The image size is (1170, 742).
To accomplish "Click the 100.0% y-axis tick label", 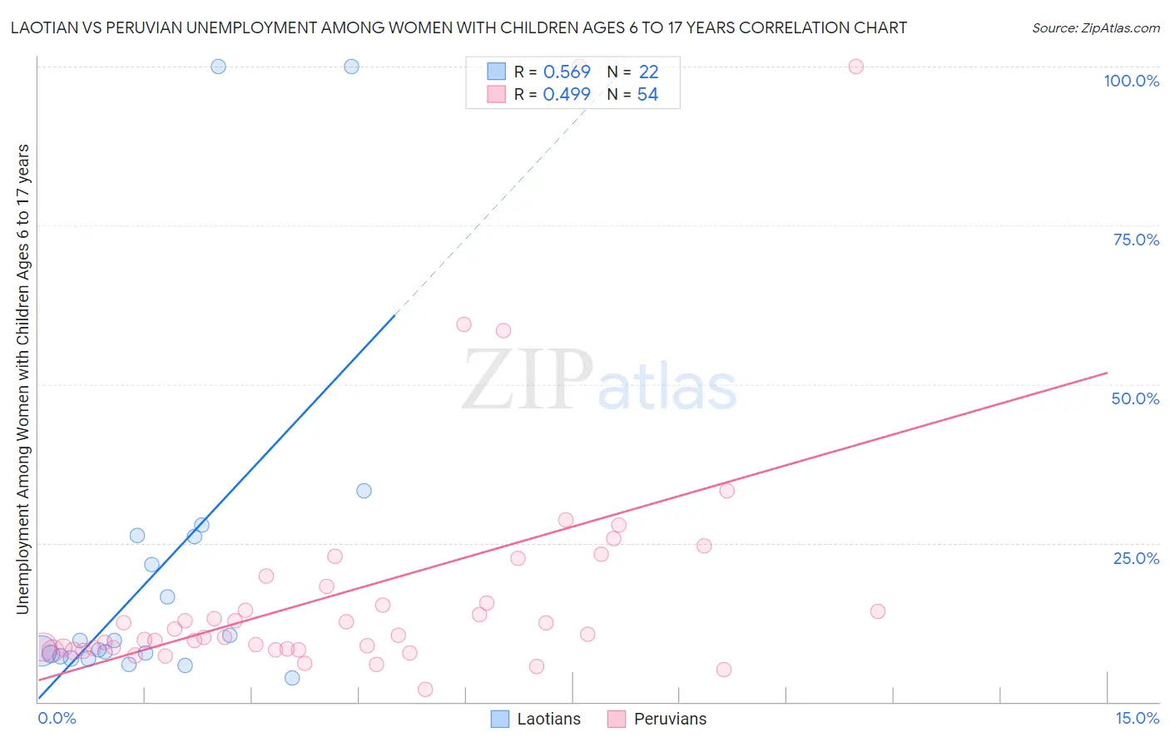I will click(x=1131, y=81).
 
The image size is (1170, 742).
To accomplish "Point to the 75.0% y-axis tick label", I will click(x=1136, y=240).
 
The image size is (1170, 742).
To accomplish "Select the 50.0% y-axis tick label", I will click(x=1135, y=398).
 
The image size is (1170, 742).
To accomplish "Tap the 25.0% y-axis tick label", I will click(x=1136, y=558).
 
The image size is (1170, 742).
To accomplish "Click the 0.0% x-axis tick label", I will click(x=57, y=718).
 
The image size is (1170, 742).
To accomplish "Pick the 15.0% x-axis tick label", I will click(x=1137, y=718).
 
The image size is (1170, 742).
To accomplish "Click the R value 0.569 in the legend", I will click(x=567, y=72).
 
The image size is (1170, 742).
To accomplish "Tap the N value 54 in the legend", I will click(x=647, y=94).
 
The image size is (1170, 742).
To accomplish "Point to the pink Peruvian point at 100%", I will click(x=855, y=67).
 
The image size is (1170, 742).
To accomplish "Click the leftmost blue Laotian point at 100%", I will click(x=218, y=67).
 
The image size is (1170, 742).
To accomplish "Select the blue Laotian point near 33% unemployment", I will click(x=364, y=491).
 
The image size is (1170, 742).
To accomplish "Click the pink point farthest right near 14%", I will click(x=877, y=611).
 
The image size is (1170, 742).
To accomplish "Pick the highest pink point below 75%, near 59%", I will click(x=464, y=324).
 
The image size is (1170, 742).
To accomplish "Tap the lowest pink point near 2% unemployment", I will click(x=425, y=690).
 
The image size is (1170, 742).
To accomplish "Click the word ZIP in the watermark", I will click(x=528, y=380).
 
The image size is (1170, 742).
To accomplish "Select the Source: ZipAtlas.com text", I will click(x=1095, y=27).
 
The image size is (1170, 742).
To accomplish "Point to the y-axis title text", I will click(x=22, y=379).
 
